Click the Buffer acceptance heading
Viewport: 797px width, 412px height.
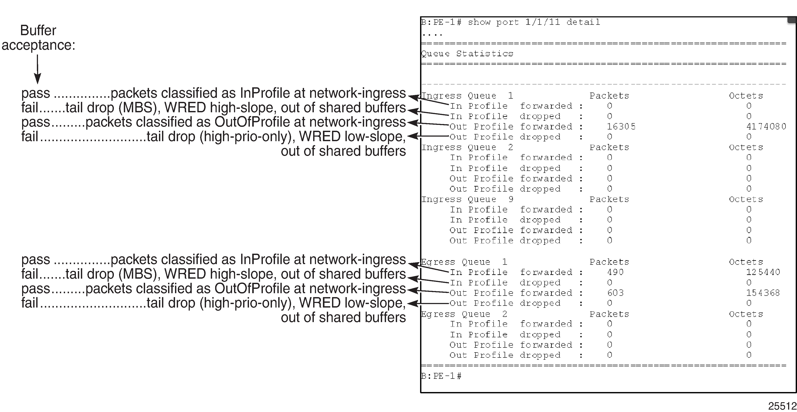point(38,38)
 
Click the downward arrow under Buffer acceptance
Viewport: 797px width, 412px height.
point(38,69)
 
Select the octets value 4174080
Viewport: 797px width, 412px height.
point(766,126)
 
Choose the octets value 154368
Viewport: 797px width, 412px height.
point(763,293)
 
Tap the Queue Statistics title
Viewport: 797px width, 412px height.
point(467,54)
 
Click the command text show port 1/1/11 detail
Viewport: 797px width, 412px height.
point(534,22)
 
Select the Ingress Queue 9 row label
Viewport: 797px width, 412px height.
point(467,199)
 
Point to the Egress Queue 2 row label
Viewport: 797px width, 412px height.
point(464,314)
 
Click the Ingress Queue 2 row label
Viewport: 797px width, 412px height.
point(467,147)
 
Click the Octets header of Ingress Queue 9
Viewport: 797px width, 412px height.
point(746,199)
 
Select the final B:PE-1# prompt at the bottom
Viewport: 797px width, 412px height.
point(442,376)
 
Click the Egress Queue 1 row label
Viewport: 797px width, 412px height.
point(464,262)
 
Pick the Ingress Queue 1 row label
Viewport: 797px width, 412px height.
point(467,96)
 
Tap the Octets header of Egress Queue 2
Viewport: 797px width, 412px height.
point(746,314)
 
